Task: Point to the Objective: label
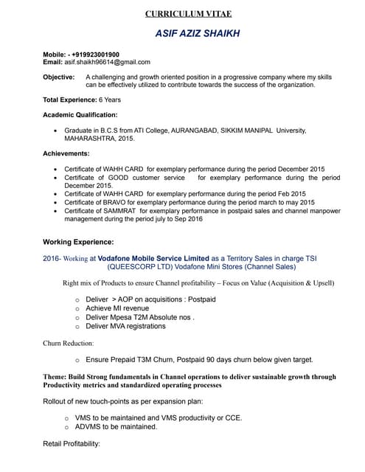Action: coord(58,77)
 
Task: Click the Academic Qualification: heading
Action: coord(80,115)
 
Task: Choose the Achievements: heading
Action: coord(66,153)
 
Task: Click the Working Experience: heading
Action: coord(78,242)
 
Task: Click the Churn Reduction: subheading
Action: coord(69,343)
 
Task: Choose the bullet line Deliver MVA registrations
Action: coord(125,326)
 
